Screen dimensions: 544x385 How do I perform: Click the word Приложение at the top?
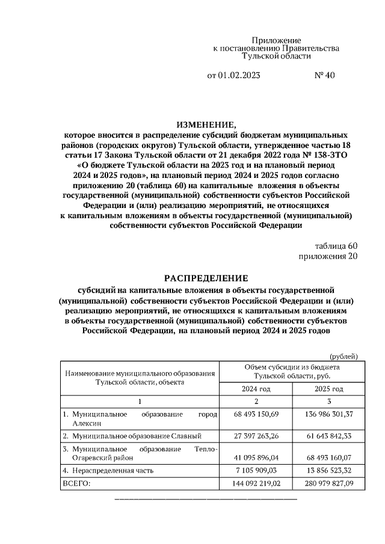tap(276, 39)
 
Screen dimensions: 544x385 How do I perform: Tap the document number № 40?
tap(324, 76)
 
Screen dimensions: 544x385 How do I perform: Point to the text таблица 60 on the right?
tap(336, 246)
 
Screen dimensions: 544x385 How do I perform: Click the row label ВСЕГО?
tap(76, 483)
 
